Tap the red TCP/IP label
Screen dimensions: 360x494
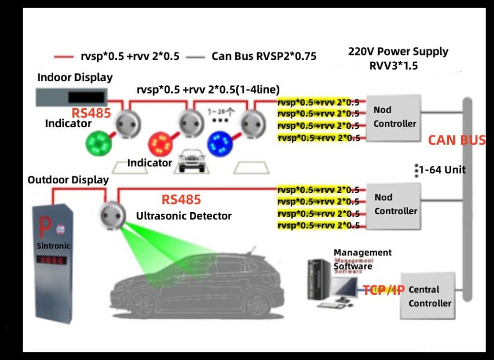[384, 290]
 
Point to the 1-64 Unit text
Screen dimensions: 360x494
[441, 170]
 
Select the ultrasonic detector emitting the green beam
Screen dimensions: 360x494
[112, 213]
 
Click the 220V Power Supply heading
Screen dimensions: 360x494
[398, 52]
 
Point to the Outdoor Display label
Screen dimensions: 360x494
[68, 180]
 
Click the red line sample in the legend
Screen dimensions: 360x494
[63, 56]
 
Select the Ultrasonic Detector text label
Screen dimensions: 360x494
[184, 216]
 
